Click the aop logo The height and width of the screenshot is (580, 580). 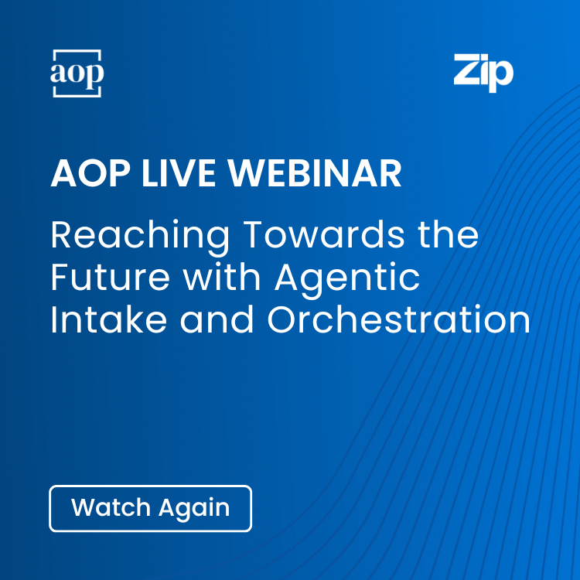[x=77, y=73]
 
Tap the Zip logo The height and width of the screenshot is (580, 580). [x=483, y=73]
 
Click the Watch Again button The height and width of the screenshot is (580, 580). [x=150, y=508]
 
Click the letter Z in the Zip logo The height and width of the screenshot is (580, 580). [x=466, y=71]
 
